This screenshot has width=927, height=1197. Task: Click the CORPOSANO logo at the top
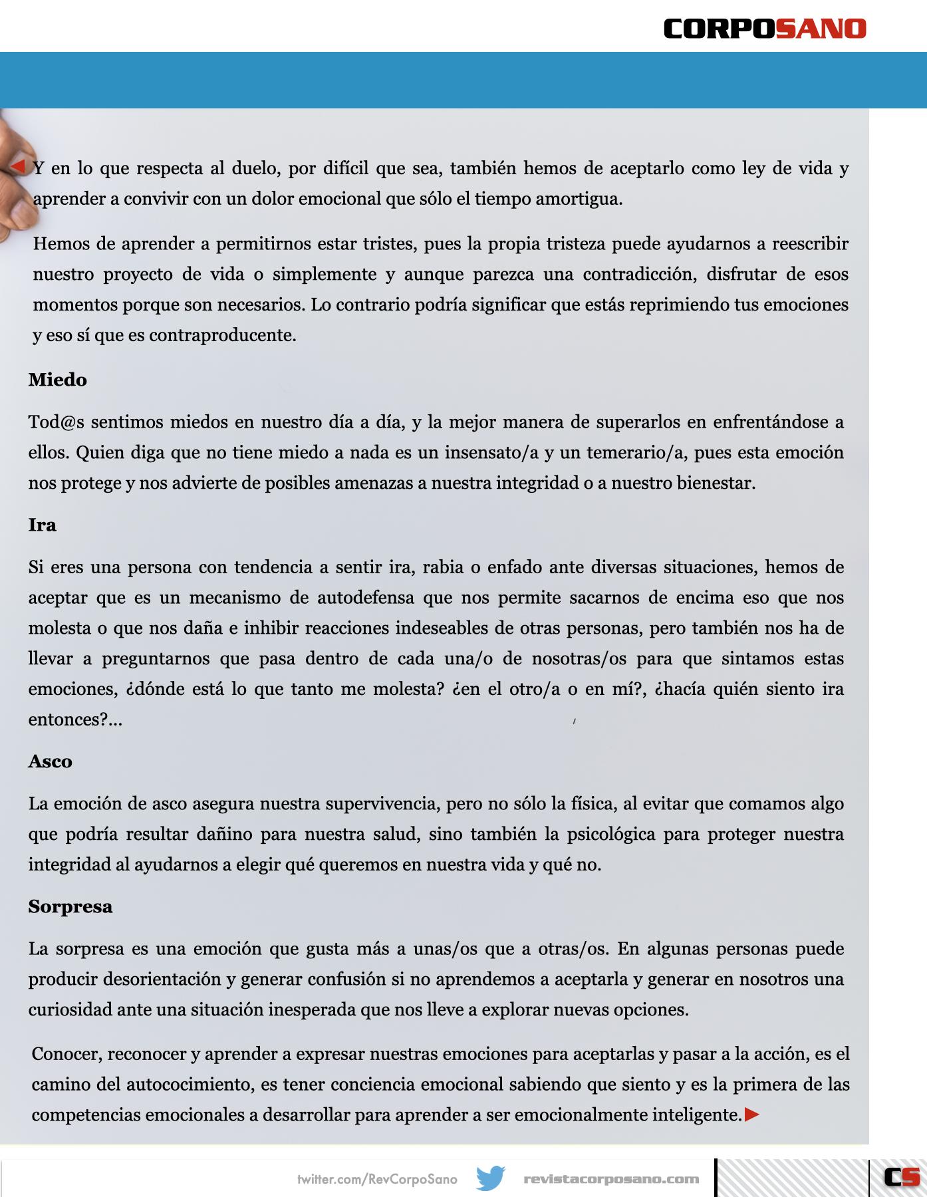click(x=765, y=29)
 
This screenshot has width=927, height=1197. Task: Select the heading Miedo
click(x=58, y=380)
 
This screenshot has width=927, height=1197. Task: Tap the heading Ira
click(x=42, y=525)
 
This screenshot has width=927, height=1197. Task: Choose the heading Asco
click(x=50, y=761)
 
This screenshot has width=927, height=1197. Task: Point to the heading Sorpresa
click(x=70, y=906)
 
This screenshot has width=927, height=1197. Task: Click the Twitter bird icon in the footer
click(x=490, y=1178)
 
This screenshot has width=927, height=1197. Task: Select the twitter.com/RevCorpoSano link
click(x=377, y=1179)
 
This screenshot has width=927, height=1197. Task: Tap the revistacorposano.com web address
click(x=611, y=1179)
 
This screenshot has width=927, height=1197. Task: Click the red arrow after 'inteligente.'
click(x=751, y=1115)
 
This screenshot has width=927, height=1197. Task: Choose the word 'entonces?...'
click(x=75, y=720)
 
